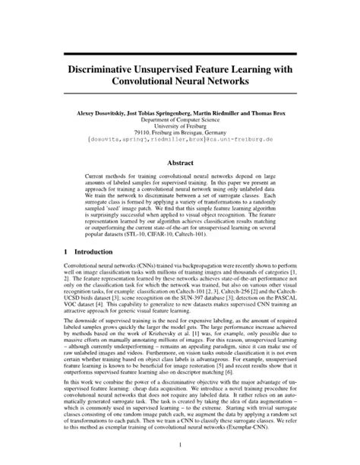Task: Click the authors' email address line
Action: click(180, 143)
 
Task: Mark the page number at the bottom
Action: click(180, 445)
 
